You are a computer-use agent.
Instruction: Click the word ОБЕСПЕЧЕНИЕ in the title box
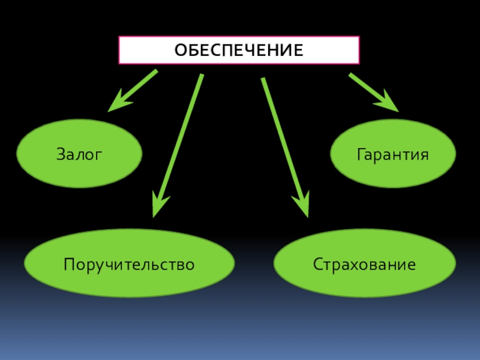point(239,50)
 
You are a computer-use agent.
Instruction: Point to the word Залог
point(80,154)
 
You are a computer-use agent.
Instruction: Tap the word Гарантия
point(393,154)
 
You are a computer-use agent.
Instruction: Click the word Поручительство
point(129,264)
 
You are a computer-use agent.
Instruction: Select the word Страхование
point(364,264)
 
